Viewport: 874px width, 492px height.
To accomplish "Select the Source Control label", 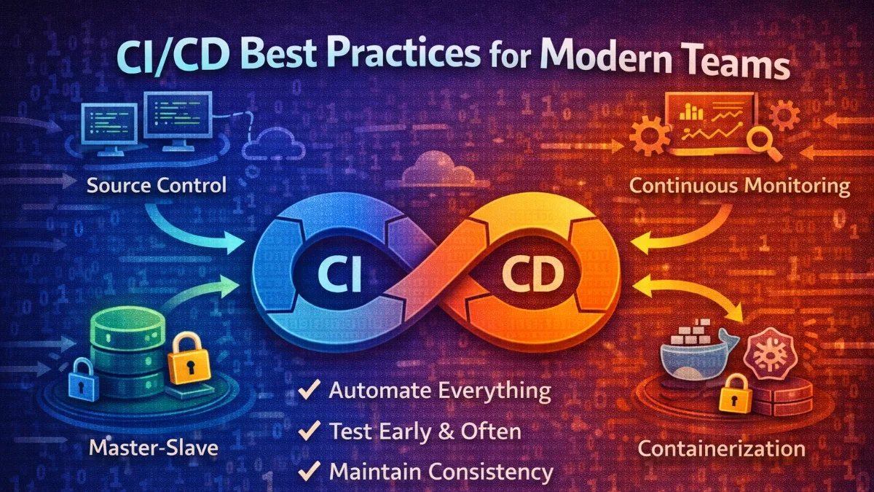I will (157, 185).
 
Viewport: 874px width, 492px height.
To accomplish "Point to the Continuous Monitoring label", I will (739, 185).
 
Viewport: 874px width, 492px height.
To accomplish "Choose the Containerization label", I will (722, 448).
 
